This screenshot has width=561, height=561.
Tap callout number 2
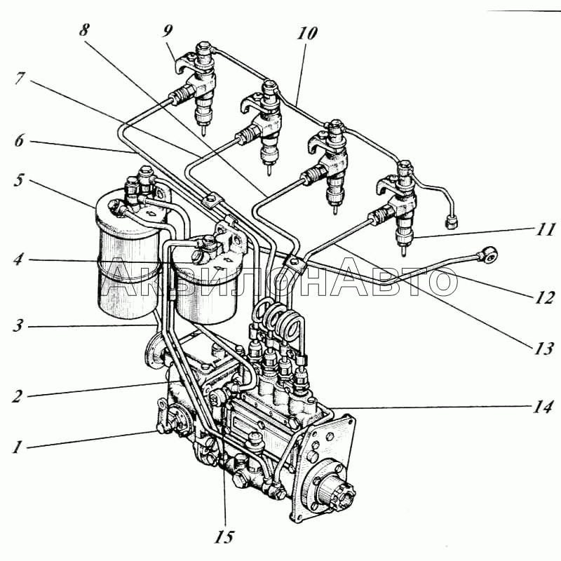click(x=17, y=396)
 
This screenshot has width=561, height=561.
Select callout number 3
click(x=17, y=326)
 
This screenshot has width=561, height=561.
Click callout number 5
click(x=17, y=180)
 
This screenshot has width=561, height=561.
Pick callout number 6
click(x=17, y=141)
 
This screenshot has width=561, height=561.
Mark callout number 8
click(x=84, y=30)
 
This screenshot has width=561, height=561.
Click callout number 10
click(x=306, y=33)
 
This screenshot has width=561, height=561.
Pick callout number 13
click(x=542, y=348)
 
